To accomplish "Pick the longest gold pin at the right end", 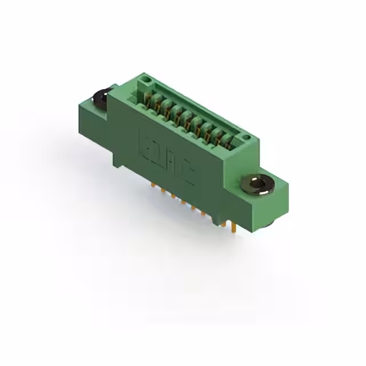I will coord(234,228).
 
